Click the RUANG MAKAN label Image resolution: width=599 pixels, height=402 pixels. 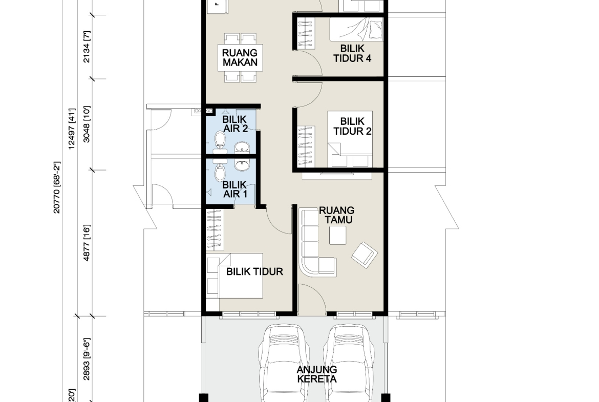240,57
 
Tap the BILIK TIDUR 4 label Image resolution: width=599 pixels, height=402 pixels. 352,53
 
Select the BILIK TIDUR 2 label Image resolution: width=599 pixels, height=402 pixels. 352,126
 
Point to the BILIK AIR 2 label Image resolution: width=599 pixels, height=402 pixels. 234,124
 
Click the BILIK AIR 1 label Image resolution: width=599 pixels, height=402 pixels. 234,189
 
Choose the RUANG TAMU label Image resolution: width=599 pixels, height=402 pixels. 336,215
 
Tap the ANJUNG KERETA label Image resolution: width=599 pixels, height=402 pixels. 317,374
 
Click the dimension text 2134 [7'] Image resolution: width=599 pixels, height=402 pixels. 87,47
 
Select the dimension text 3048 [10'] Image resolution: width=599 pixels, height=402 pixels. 87,124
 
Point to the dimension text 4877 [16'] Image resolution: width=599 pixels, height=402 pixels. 87,243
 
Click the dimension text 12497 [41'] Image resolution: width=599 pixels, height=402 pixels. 72,129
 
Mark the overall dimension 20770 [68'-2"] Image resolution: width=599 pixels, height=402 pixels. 56,187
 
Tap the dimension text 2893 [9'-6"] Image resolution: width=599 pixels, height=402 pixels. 87,359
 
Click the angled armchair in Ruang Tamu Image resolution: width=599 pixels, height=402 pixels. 365,255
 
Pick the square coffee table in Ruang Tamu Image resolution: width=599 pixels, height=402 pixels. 338,235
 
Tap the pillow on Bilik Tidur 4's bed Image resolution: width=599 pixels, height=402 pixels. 375,29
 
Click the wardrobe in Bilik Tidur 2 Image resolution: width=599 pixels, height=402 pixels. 306,146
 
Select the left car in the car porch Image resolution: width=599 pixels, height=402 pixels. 284,363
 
